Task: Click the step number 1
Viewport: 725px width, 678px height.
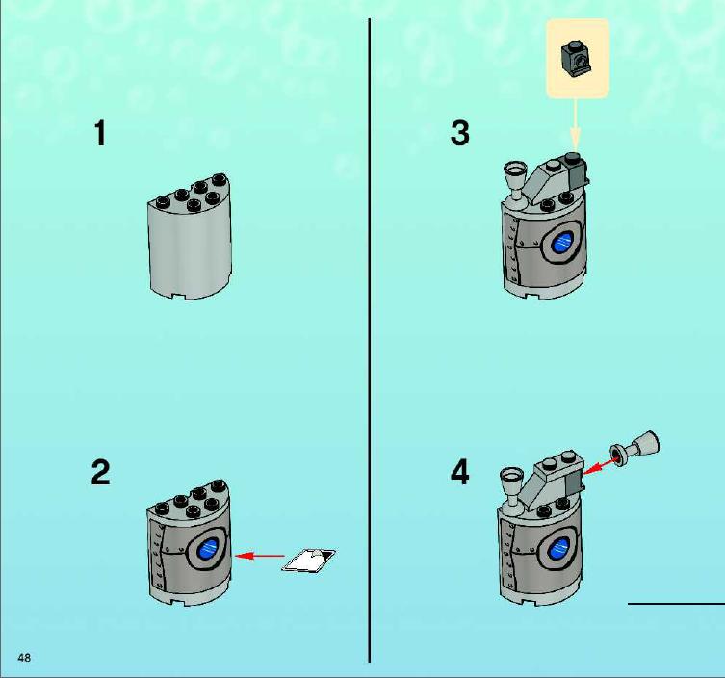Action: click(100, 133)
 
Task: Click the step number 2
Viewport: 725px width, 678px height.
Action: click(100, 472)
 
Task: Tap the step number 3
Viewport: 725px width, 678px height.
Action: click(459, 133)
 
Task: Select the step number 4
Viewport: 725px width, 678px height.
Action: click(459, 472)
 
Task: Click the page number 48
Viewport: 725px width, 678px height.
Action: click(24, 657)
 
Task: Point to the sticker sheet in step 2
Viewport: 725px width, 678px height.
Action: click(309, 561)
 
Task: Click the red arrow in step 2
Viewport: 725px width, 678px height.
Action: click(260, 556)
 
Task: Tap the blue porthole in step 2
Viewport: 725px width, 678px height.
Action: click(209, 549)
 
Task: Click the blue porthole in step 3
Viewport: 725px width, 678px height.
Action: click(565, 242)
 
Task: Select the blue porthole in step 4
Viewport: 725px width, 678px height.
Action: click(561, 550)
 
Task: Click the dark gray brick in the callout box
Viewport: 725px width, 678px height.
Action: click(576, 59)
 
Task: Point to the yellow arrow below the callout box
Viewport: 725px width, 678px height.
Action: click(575, 123)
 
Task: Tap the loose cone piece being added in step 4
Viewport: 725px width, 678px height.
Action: click(635, 447)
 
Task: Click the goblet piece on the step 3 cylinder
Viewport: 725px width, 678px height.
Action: click(515, 183)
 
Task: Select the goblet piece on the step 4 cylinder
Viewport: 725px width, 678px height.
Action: click(512, 489)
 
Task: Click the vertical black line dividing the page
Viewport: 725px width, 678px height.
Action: click(370, 340)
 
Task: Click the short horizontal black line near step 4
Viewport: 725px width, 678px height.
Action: click(676, 604)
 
